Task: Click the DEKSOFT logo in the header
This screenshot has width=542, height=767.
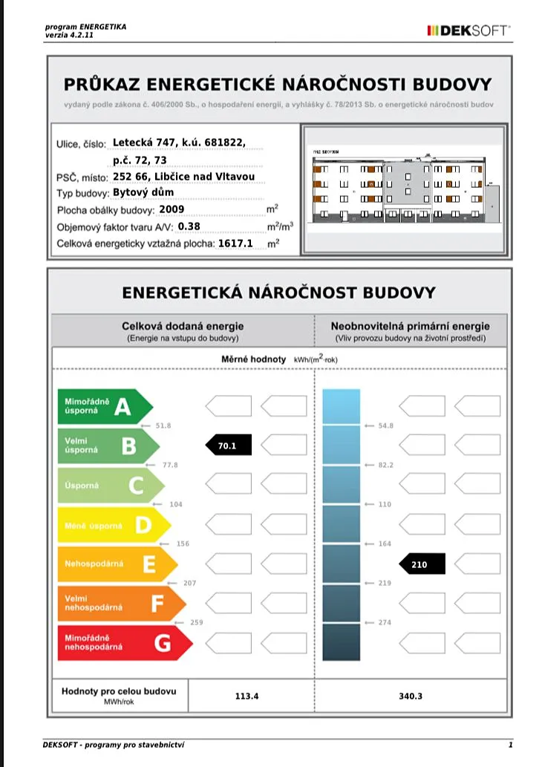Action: [x=468, y=30]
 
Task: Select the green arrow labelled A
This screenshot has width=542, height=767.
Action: [x=104, y=406]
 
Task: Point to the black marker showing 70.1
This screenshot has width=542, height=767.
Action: [x=229, y=445]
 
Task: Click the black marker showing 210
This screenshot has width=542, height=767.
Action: [x=421, y=564]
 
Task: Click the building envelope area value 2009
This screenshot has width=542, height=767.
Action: [x=171, y=209]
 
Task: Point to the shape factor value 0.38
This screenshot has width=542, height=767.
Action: [x=190, y=226]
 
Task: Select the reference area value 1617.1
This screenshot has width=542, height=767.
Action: [x=236, y=243]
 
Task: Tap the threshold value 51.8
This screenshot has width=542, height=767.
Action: [x=163, y=425]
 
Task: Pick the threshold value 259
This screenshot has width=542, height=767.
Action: [x=195, y=622]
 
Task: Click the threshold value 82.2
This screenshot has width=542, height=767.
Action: [x=385, y=465]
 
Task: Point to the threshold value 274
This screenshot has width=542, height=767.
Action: [x=385, y=622]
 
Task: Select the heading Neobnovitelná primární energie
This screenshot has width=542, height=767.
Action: [x=410, y=326]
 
